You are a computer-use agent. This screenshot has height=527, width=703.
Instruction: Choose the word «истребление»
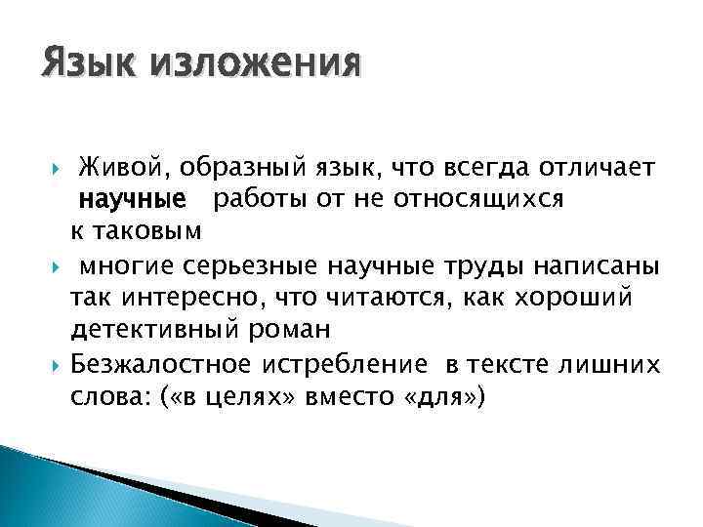(343, 365)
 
